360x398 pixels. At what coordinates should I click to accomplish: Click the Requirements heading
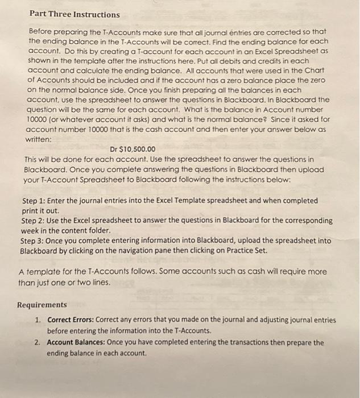pos(42,305)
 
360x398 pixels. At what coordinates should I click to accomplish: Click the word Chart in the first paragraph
pos(323,80)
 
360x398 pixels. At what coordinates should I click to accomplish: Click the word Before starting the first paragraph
pos(42,30)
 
